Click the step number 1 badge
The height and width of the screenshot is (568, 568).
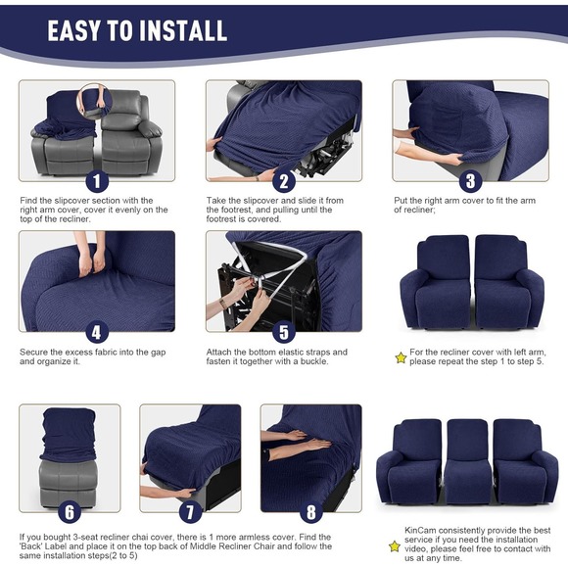(96, 181)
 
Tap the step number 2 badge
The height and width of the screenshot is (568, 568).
(284, 181)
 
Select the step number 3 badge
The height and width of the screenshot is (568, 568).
(470, 181)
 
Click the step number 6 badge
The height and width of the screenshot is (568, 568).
(69, 510)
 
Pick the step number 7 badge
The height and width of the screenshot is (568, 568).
(191, 510)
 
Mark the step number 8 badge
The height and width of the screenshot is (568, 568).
(311, 510)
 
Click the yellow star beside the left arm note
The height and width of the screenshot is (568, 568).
(400, 357)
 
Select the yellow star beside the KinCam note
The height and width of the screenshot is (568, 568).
(395, 545)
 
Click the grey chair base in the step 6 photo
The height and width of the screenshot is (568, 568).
(68, 480)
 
